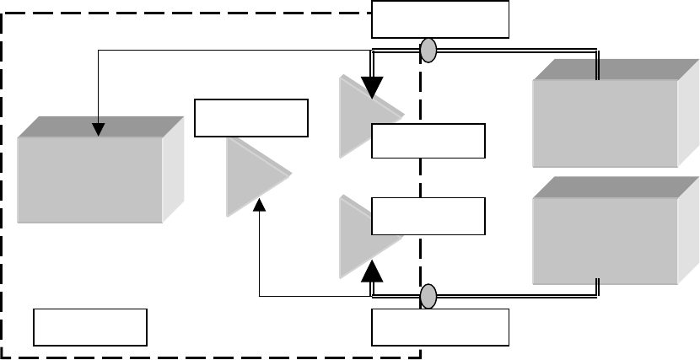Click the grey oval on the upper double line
428,51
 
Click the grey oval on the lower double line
428,296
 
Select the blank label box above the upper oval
440,19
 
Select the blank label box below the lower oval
440,327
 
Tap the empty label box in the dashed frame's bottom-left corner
90,327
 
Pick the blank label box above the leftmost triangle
251,117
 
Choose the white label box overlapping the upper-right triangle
428,141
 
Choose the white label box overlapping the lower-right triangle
428,216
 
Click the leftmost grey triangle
250,176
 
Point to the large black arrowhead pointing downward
371,88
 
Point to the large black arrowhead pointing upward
372,271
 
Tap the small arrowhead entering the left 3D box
99,130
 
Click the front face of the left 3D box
89,180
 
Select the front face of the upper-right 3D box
605,123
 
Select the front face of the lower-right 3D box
605,241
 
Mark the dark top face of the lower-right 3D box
616,187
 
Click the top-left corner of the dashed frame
3,13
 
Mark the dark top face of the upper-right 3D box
616,69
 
